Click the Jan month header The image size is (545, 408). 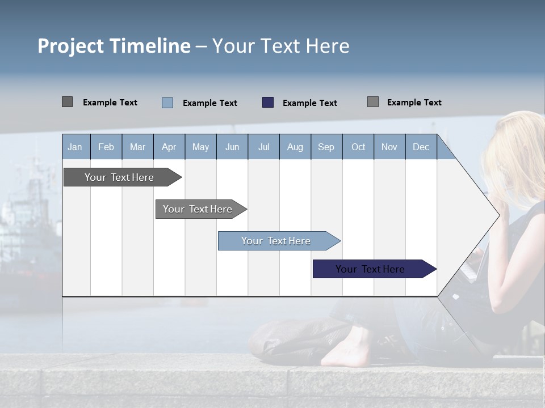click(x=75, y=147)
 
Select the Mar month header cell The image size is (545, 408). click(x=137, y=147)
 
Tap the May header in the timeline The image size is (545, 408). click(x=200, y=147)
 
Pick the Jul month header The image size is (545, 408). click(x=263, y=147)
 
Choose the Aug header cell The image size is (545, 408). click(x=295, y=147)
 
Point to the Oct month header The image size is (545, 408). click(x=358, y=147)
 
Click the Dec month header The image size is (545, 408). click(x=421, y=147)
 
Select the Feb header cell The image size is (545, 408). click(x=106, y=147)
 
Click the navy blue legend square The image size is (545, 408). click(x=268, y=103)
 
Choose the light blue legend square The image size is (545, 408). click(x=167, y=103)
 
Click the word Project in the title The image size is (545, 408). click(x=71, y=46)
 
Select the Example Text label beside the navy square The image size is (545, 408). click(x=309, y=103)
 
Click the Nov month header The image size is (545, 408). click(x=389, y=147)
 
